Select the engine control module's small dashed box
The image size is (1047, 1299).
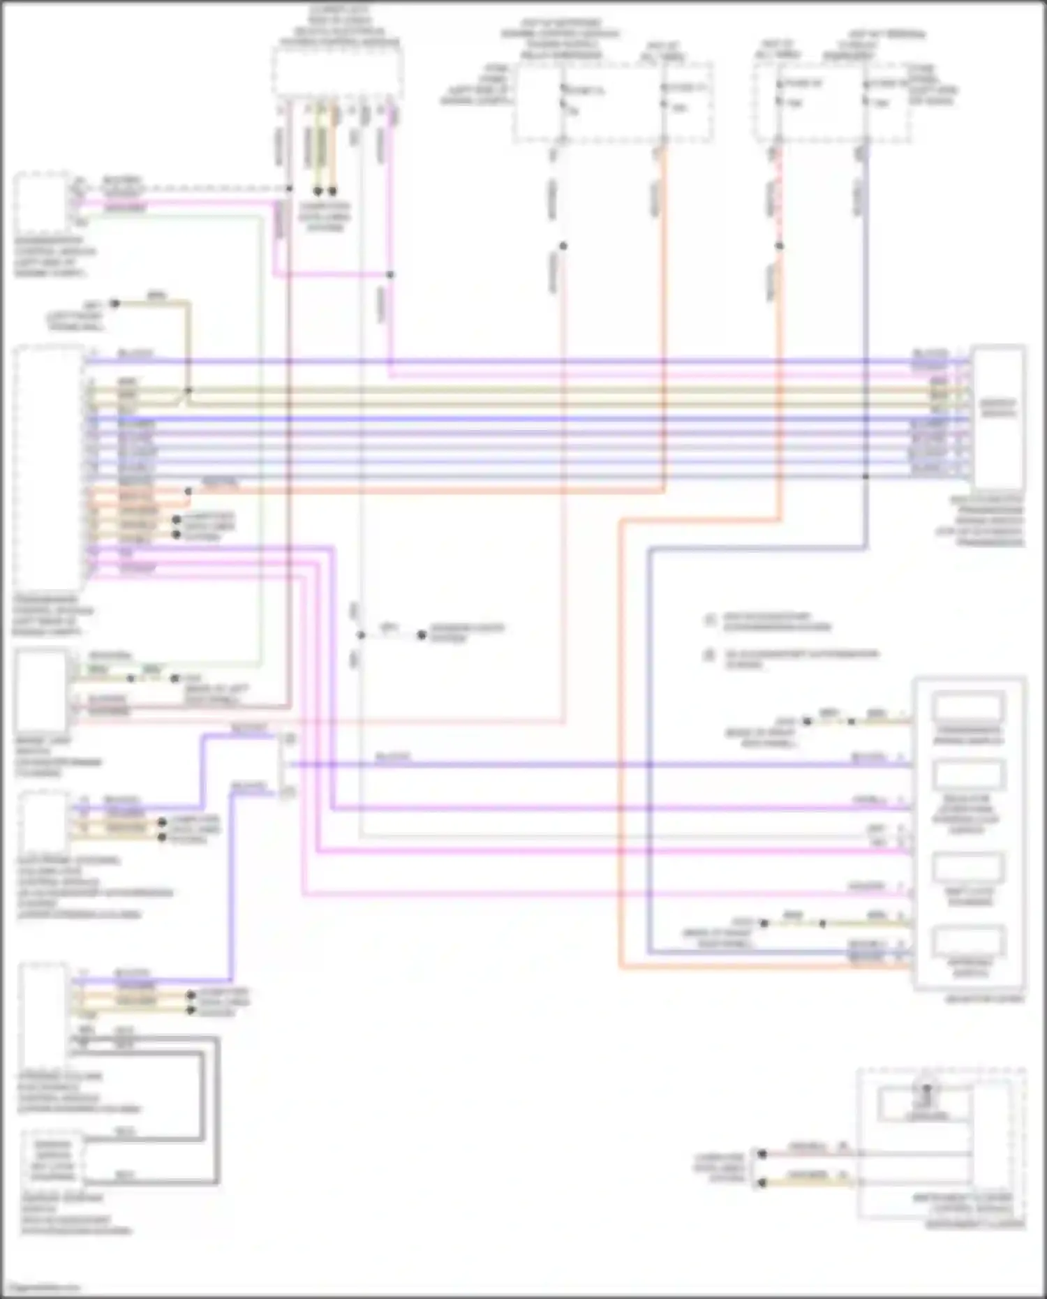click(x=42, y=203)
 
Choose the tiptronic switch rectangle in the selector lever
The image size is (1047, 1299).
click(x=968, y=942)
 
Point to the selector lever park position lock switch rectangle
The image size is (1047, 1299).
click(x=968, y=775)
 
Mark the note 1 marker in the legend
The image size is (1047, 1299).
click(x=710, y=620)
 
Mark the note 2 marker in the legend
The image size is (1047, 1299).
click(x=710, y=655)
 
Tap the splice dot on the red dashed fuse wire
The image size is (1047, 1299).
click(x=779, y=246)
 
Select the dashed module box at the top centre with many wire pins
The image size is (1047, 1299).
click(x=337, y=73)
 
